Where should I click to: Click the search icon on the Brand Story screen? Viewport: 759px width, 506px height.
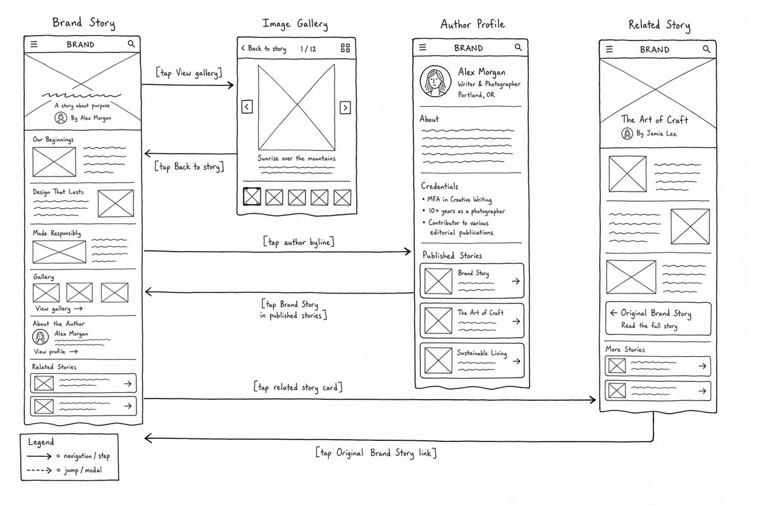point(131,44)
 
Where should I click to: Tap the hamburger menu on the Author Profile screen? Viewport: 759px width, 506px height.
point(423,47)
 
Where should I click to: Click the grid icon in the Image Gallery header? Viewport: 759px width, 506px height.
point(345,48)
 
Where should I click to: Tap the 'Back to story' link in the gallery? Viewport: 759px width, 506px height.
point(264,49)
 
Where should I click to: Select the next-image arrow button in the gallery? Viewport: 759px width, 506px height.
point(345,108)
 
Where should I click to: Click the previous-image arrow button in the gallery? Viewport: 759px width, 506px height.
point(247,107)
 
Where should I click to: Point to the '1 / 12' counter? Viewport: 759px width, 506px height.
point(308,49)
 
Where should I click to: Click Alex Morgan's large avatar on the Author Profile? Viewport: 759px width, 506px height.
point(435,82)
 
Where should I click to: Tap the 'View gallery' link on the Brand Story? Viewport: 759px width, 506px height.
point(59,309)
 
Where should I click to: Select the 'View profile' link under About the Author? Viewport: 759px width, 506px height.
point(56,352)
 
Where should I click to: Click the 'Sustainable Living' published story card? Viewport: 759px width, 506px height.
point(472,361)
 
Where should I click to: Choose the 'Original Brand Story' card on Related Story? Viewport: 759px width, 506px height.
point(658,319)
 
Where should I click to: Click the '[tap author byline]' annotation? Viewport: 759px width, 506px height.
point(299,242)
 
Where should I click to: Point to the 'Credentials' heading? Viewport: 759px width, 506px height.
point(440,186)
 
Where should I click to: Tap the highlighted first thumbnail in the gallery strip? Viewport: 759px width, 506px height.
point(252,197)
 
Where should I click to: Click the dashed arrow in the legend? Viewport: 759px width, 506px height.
point(39,471)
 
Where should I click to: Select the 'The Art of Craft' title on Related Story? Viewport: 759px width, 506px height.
point(654,120)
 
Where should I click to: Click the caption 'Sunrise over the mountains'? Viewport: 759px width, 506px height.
point(297,158)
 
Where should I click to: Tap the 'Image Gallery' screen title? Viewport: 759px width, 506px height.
point(295,24)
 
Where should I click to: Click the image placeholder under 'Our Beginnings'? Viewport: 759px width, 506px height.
point(54,162)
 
